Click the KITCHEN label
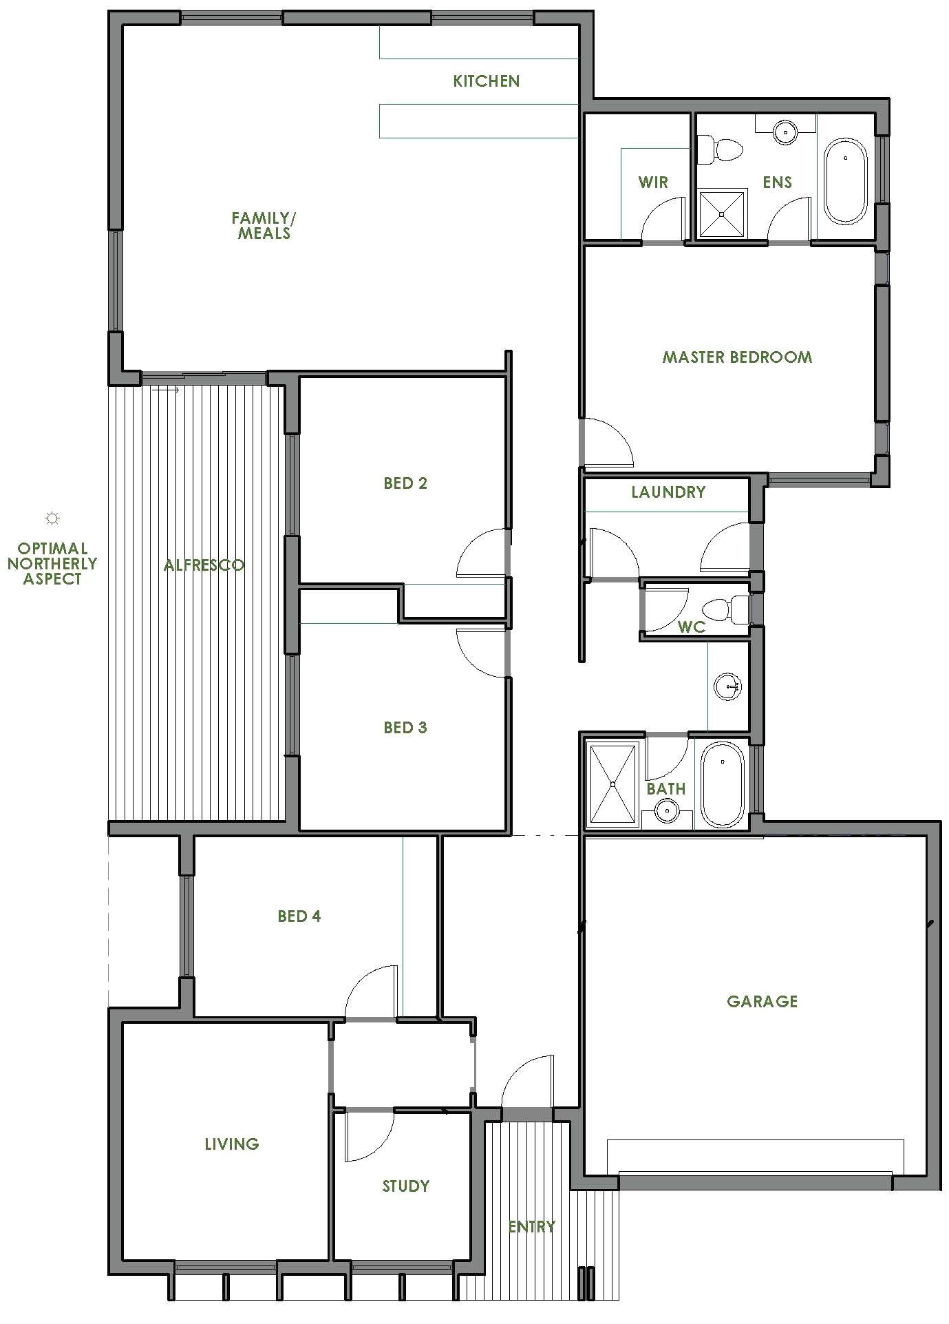click(x=486, y=81)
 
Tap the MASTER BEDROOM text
click(x=737, y=357)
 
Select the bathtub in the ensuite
click(x=845, y=182)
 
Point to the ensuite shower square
click(x=722, y=213)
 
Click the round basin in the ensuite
click(x=785, y=132)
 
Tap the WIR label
click(x=653, y=182)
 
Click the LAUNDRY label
click(x=668, y=492)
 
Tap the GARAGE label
click(x=762, y=1001)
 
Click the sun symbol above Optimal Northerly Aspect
click(x=52, y=518)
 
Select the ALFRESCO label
click(x=204, y=565)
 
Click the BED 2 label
click(x=405, y=483)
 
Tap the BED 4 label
click(x=299, y=916)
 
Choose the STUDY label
click(x=405, y=1186)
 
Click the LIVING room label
click(x=232, y=1144)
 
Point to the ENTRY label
click(x=531, y=1226)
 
